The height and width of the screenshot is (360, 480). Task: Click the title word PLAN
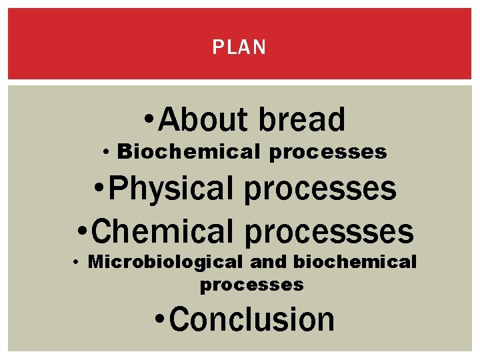(239, 47)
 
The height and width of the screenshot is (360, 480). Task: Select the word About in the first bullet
(204, 121)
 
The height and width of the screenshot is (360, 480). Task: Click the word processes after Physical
(321, 190)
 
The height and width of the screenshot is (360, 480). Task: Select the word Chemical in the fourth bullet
(161, 231)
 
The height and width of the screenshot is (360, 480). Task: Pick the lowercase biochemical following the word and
(355, 262)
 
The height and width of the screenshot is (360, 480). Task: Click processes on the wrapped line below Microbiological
(252, 285)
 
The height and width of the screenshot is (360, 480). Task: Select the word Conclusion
(252, 319)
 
